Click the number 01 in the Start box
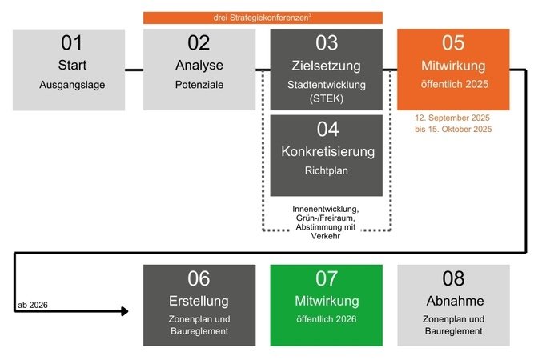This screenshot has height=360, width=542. click(x=72, y=44)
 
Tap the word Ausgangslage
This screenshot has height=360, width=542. click(x=72, y=84)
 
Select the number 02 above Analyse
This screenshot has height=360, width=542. click(x=199, y=44)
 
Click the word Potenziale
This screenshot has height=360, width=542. click(x=199, y=84)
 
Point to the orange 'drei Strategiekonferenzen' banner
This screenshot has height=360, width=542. click(x=263, y=18)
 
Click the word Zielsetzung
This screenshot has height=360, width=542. click(x=326, y=65)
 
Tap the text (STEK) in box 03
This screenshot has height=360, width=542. click(x=326, y=98)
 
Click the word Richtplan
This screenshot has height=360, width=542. click(x=326, y=170)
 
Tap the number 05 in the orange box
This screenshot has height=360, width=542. click(x=453, y=44)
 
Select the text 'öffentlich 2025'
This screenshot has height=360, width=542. click(x=453, y=84)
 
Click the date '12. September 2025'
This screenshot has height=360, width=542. click(x=453, y=118)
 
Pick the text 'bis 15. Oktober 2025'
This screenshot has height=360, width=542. click(x=453, y=130)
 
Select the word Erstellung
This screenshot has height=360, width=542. click(x=199, y=301)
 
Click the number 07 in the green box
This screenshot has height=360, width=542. click(x=326, y=278)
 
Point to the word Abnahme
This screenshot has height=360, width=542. click(x=453, y=301)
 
